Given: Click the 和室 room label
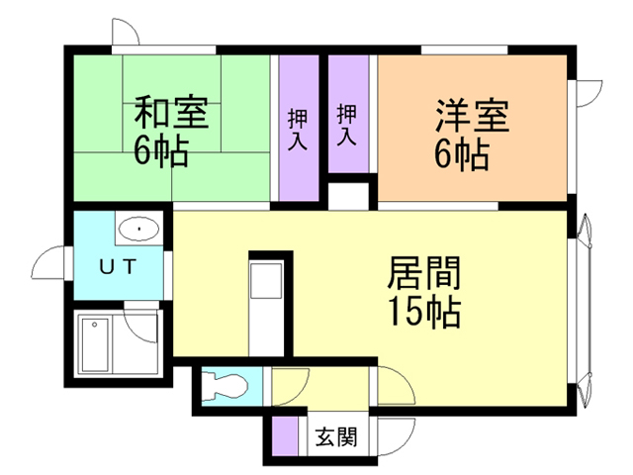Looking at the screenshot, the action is pos(171,112).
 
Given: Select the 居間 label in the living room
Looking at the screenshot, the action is pos(424,273).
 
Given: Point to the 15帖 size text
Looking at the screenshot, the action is pos(424,312).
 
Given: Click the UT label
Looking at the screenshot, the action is pos(119,267).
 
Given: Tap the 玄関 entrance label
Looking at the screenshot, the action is pos(336,436).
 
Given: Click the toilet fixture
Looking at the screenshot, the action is pos(225,385).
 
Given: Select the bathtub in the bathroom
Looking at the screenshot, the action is pos(95,344).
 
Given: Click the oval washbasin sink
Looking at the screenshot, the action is pos(138,229).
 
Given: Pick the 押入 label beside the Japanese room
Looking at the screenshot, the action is pos(298,129).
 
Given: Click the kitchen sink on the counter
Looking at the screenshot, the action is pos(266,281).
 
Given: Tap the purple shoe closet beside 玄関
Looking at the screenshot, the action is pos(285,435).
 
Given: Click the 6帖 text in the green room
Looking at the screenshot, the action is pos(161,151).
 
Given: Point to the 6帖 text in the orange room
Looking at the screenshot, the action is pos(462,154).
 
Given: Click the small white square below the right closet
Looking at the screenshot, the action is pos(348,197).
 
